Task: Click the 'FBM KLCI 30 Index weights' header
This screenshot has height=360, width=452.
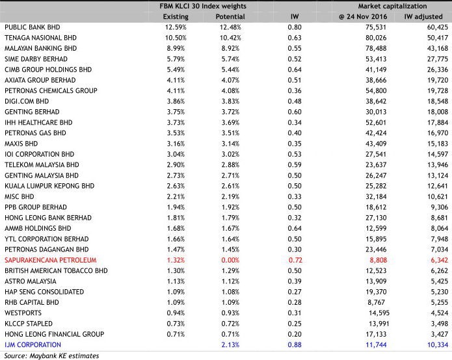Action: click(203, 6)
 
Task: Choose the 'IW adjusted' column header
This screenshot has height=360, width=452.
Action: click(425, 16)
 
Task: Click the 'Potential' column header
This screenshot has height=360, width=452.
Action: click(230, 16)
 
